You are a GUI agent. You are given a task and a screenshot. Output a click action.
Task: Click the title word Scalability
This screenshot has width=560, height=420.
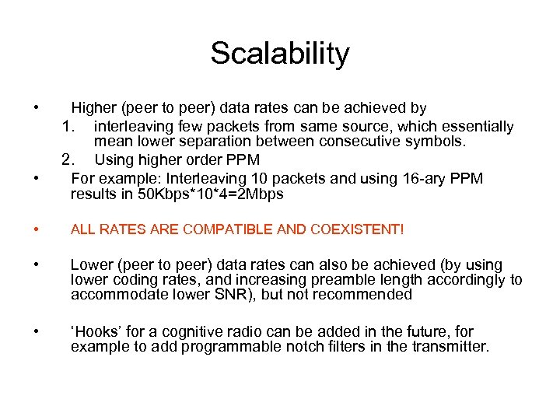coord(280,54)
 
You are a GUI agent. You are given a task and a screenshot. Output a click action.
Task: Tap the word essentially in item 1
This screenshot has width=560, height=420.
coord(476,127)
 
